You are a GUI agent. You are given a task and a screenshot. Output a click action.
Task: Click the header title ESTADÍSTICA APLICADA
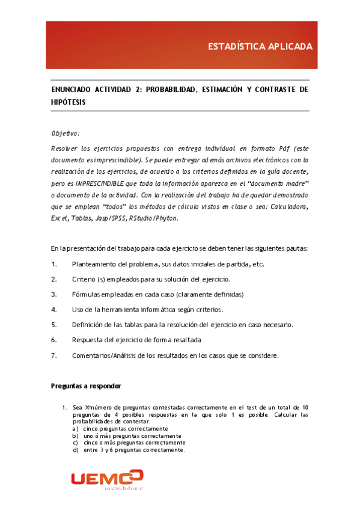(x=260, y=46)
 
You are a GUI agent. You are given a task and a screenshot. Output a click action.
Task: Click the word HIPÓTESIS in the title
(x=69, y=102)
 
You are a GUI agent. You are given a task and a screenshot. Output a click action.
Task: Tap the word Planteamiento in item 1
(x=96, y=264)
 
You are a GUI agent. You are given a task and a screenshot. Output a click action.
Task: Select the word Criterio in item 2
(x=84, y=279)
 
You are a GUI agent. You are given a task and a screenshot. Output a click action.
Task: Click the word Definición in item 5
(x=87, y=325)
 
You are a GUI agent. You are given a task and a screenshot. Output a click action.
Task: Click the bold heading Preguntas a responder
(x=86, y=386)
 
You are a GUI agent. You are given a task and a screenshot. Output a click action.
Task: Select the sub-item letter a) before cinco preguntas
(x=75, y=429)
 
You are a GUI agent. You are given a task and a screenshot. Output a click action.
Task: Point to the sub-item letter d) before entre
(x=75, y=450)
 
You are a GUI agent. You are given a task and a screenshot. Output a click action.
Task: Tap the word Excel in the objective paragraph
(x=59, y=218)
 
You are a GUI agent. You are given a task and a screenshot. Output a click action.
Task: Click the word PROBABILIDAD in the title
(x=170, y=89)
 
